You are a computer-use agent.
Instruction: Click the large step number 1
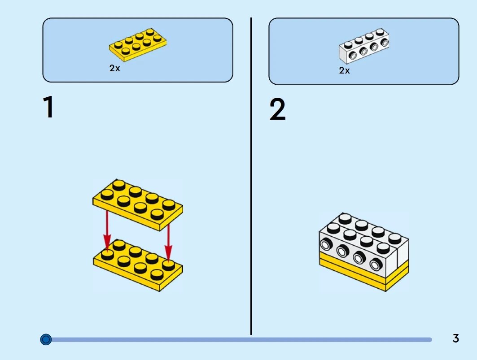pos(48,108)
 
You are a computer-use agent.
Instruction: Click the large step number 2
pos(277,110)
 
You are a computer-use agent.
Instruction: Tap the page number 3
pos(455,338)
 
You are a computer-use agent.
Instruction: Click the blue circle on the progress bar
pos(46,339)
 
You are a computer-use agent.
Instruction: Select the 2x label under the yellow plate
pos(115,69)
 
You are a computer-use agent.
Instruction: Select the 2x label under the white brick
pos(345,70)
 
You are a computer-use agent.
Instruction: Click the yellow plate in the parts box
pos(138,45)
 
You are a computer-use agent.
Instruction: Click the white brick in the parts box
pos(363,46)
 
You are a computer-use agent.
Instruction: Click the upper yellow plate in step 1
pos(138,204)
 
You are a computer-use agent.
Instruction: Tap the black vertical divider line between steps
pos(251,179)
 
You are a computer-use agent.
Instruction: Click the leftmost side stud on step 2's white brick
pos(326,245)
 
